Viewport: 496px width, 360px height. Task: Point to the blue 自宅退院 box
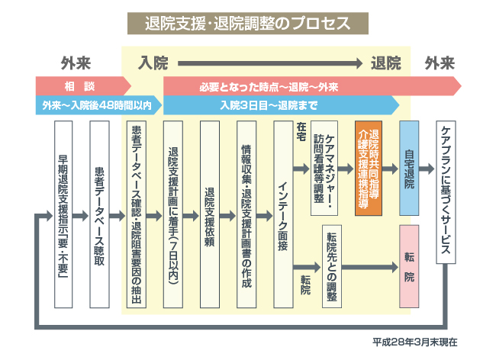tap(409, 167)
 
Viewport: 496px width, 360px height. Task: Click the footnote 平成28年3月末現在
tap(415, 342)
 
